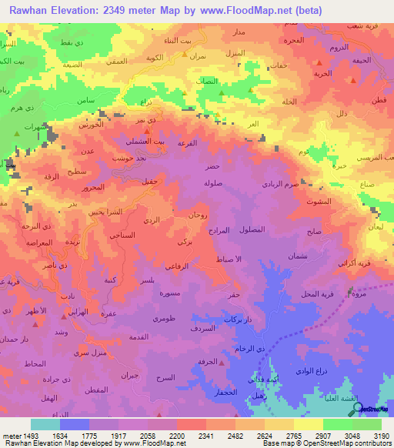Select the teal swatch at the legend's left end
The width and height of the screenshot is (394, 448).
pos(45,424)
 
